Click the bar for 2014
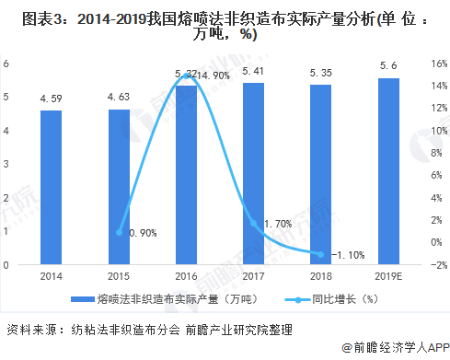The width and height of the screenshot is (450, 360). (x=52, y=188)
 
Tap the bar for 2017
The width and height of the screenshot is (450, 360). (x=253, y=174)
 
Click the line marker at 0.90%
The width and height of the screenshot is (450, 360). (x=119, y=232)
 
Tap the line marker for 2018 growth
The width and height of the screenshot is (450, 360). (x=320, y=254)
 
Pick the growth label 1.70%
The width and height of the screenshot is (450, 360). (x=279, y=223)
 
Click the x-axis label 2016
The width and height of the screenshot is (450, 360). (x=186, y=275)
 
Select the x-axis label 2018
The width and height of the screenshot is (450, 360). (x=320, y=275)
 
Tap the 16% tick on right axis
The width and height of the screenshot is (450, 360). (x=436, y=64)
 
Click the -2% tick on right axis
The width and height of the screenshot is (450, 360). (x=436, y=265)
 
